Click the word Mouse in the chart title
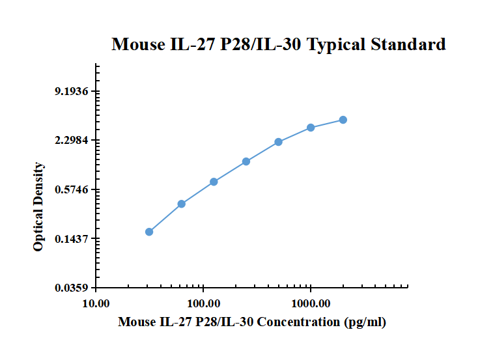pyautogui.click(x=137, y=44)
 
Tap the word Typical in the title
pyautogui.click(x=336, y=44)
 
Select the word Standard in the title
pyautogui.click(x=408, y=44)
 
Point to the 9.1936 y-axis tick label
pyautogui.click(x=72, y=92)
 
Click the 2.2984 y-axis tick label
pyautogui.click(x=72, y=141)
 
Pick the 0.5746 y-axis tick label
pyautogui.click(x=72, y=190)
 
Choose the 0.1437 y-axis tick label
pyautogui.click(x=72, y=239)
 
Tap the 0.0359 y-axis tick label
pyautogui.click(x=72, y=288)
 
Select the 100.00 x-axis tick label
pyautogui.click(x=203, y=303)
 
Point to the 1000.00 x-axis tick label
pyautogui.click(x=311, y=303)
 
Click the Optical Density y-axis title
pyautogui.click(x=39, y=207)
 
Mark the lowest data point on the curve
pyautogui.click(x=149, y=232)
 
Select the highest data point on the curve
pyautogui.click(x=343, y=120)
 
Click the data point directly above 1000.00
pyautogui.click(x=311, y=128)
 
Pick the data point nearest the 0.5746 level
pyautogui.click(x=214, y=182)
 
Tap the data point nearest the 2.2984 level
pyautogui.click(x=278, y=142)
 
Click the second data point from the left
pyautogui.click(x=182, y=204)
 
